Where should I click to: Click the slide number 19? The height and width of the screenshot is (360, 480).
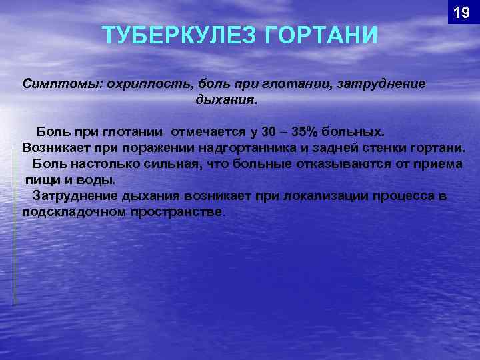click(x=461, y=13)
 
